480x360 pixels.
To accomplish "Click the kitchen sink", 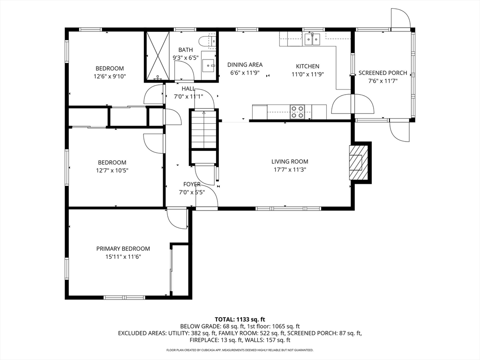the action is (x=312, y=39).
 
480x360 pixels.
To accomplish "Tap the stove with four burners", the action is (x=297, y=112).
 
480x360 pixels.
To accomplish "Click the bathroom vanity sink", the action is (x=209, y=65).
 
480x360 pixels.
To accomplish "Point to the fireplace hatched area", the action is (x=358, y=163).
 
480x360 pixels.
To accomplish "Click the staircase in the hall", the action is (x=203, y=130).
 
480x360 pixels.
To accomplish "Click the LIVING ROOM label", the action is (x=290, y=162).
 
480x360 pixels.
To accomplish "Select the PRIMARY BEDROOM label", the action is (x=123, y=249).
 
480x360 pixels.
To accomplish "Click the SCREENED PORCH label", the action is (x=382, y=73).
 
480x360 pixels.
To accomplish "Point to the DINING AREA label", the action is (x=245, y=65).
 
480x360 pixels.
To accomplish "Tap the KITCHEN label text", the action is (x=307, y=66).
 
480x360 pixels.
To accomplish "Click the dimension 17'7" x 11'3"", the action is (x=290, y=170).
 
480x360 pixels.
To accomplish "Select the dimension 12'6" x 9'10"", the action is (x=110, y=76).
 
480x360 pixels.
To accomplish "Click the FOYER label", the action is (x=192, y=184).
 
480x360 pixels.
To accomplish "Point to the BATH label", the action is (x=186, y=50).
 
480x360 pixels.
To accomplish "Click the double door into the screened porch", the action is (x=353, y=104).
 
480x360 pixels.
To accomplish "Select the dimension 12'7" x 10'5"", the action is (x=112, y=171).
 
